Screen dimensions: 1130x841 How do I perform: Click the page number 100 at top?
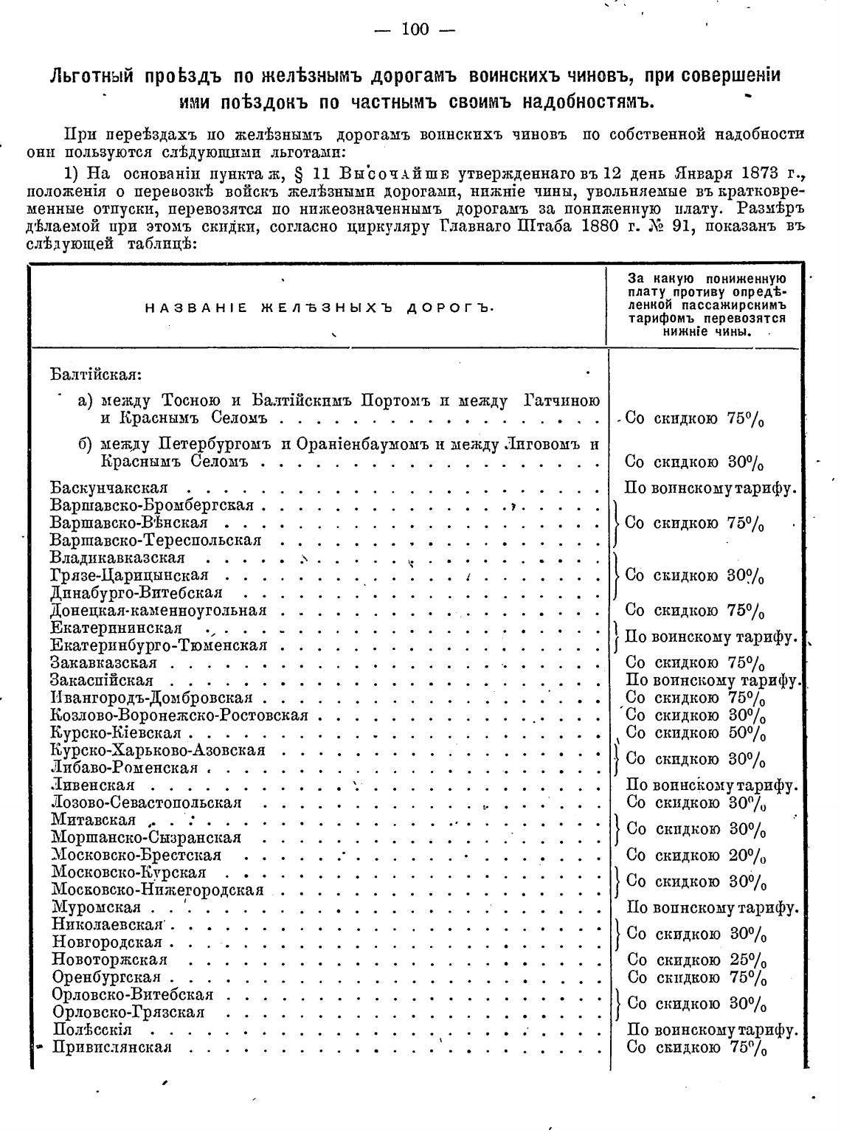tap(415, 30)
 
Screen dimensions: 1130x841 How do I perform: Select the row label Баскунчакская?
tap(109, 488)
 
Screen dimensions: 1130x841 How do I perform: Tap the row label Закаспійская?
tap(102, 680)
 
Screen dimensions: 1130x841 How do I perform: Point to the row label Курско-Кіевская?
tap(116, 733)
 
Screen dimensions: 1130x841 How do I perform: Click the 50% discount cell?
tap(695, 733)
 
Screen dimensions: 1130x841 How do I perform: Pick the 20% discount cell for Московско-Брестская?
tap(696, 856)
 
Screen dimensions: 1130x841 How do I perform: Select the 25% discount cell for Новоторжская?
tap(696, 960)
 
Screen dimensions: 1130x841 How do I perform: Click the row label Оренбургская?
tap(106, 977)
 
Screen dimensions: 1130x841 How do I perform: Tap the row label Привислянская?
tap(112, 1048)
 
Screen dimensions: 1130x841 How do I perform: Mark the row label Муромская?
tap(96, 908)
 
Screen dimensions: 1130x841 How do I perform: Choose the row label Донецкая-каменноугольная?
tap(159, 611)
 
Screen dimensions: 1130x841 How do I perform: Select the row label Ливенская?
tap(93, 786)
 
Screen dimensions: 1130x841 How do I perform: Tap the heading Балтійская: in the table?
tap(96, 374)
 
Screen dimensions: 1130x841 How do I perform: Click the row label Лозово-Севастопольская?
tap(147, 803)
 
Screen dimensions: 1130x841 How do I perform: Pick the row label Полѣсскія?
tap(92, 1030)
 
